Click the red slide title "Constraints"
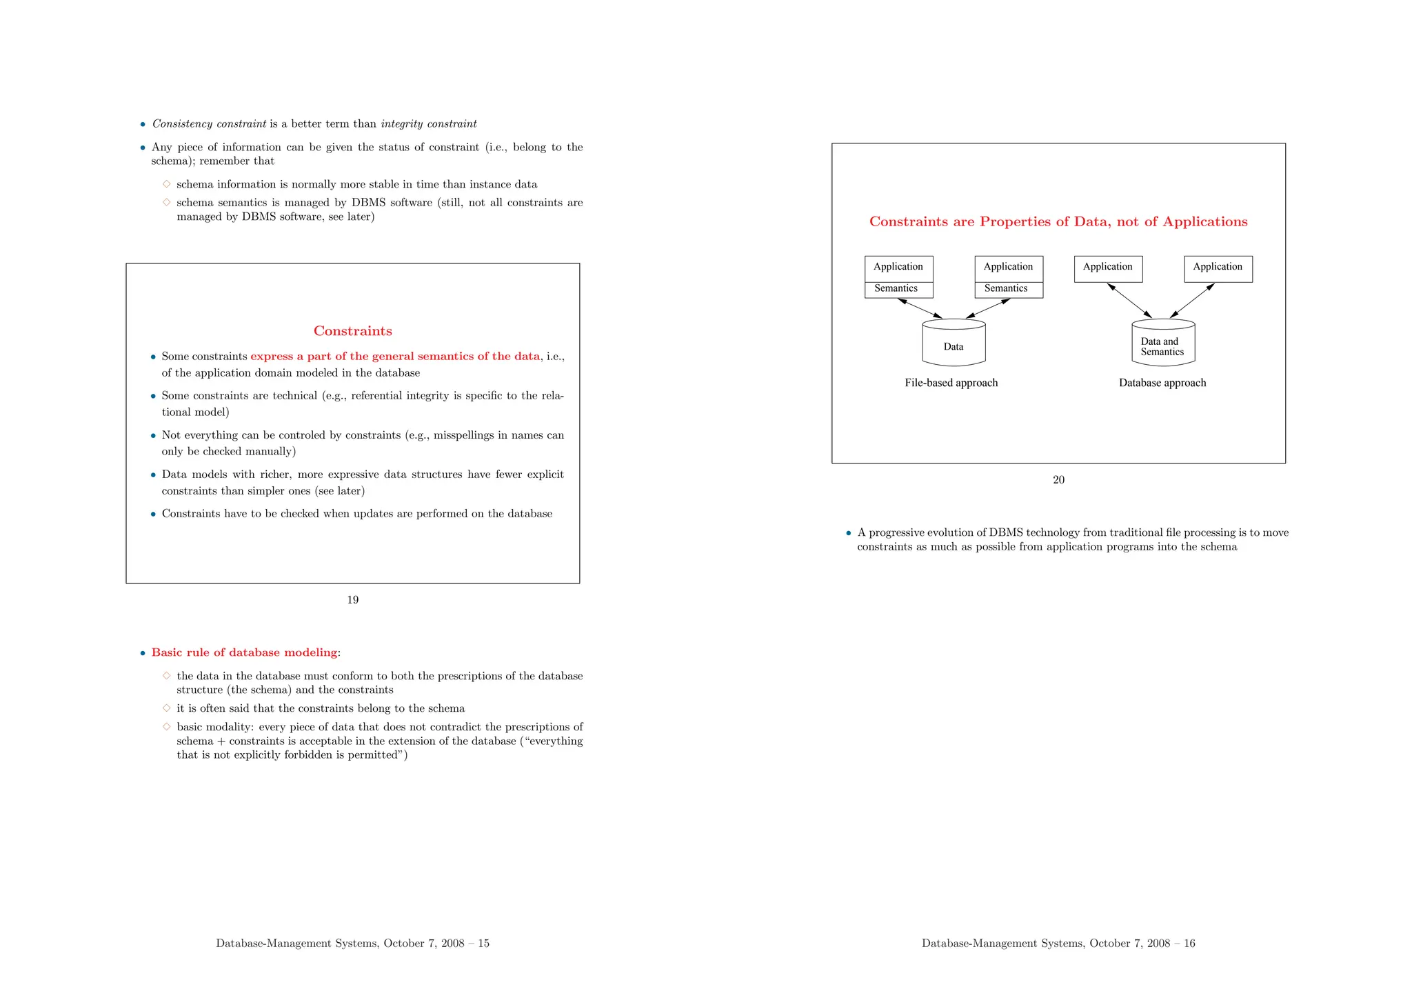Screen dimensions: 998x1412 click(352, 331)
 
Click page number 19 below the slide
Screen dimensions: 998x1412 click(352, 600)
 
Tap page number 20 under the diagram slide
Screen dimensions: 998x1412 click(1058, 480)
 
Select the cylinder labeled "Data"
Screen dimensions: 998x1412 click(954, 343)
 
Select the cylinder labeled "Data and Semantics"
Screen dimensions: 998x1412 click(1163, 343)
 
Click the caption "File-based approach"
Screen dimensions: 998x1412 click(951, 383)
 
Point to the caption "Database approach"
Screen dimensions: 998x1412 click(1162, 383)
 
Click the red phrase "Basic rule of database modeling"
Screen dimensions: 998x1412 click(245, 652)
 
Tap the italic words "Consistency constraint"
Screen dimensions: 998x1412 click(209, 124)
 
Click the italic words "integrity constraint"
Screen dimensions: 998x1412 click(428, 124)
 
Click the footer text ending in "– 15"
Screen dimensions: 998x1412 click(352, 944)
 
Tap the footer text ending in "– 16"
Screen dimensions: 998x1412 click(1058, 944)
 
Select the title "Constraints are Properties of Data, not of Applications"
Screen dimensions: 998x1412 click(1058, 222)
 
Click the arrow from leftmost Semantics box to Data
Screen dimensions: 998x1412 click(920, 308)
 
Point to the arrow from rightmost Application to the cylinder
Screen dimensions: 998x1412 click(1192, 301)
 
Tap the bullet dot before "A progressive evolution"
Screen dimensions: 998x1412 click(849, 533)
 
